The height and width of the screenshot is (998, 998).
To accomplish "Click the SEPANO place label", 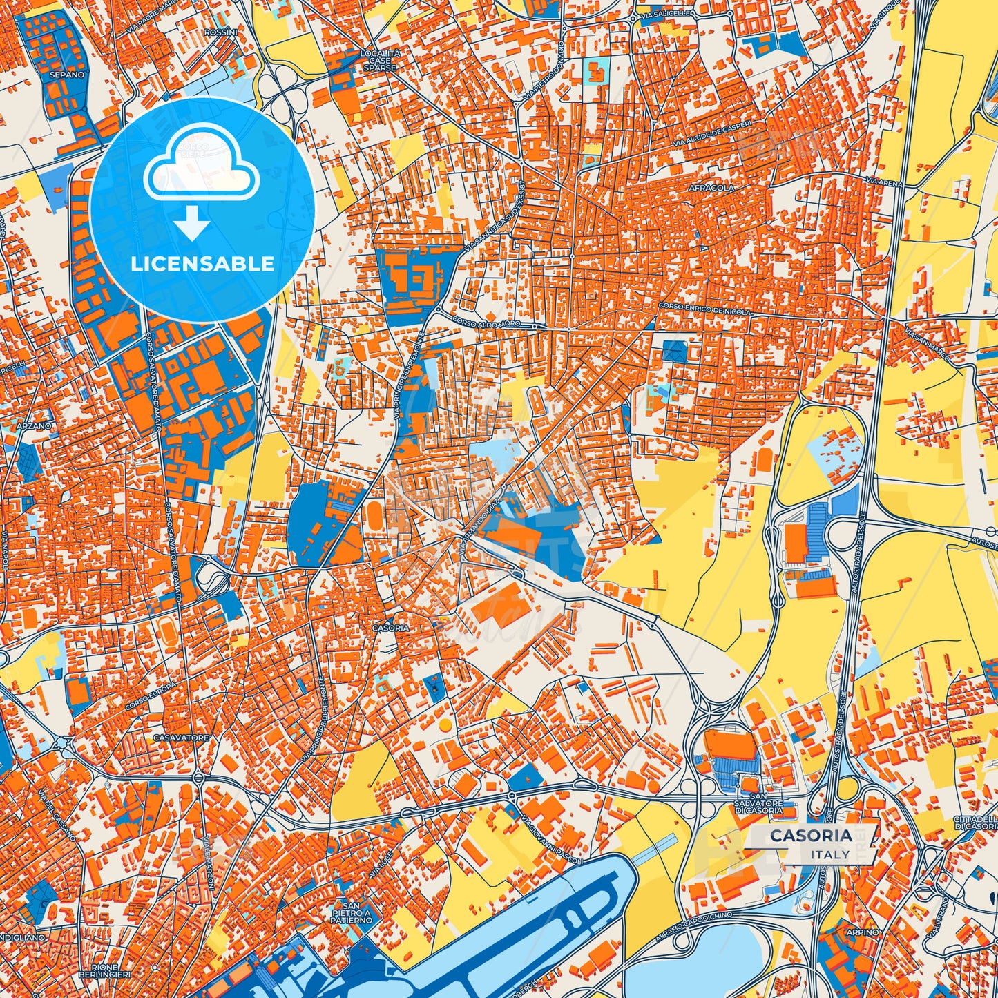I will click(x=67, y=75).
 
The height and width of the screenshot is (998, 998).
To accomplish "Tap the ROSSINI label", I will click(x=220, y=32).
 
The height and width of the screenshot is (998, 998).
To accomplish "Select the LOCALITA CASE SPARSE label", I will click(x=380, y=61).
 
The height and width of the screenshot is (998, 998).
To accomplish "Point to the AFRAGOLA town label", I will click(x=711, y=188).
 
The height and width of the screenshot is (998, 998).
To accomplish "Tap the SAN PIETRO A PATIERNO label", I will click(x=351, y=912).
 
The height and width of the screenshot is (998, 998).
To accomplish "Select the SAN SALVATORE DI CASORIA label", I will click(x=758, y=807).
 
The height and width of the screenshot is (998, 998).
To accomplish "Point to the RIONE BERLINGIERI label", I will click(x=104, y=970).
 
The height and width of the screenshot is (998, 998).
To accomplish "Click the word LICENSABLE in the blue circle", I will click(x=202, y=264).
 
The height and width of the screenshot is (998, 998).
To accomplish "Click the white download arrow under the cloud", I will click(x=193, y=224).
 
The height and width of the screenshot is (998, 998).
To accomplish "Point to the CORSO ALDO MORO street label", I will click(x=494, y=323).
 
